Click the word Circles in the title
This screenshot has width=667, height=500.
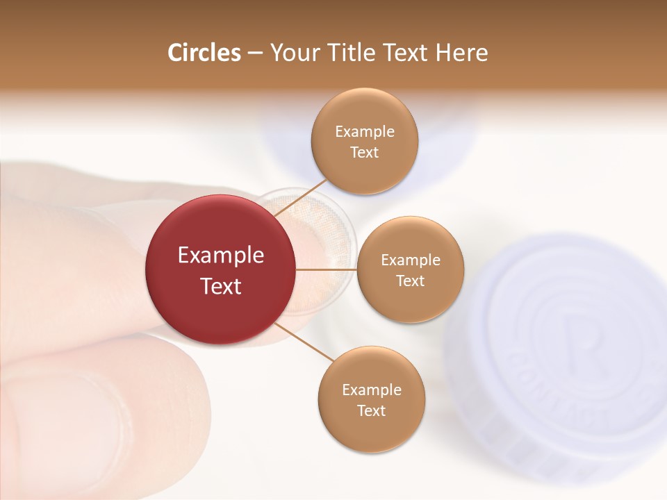(204, 53)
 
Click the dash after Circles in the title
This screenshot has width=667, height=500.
(255, 53)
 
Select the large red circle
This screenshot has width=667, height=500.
(220, 269)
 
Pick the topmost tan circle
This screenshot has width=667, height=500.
(364, 141)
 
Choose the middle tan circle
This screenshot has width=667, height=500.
(410, 269)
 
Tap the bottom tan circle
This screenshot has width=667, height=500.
(371, 399)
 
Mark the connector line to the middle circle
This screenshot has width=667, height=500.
(326, 269)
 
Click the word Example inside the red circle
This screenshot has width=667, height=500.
(221, 256)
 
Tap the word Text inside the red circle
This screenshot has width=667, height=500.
(221, 286)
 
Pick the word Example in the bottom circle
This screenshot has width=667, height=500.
(372, 390)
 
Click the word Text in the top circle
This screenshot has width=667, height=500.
(364, 152)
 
